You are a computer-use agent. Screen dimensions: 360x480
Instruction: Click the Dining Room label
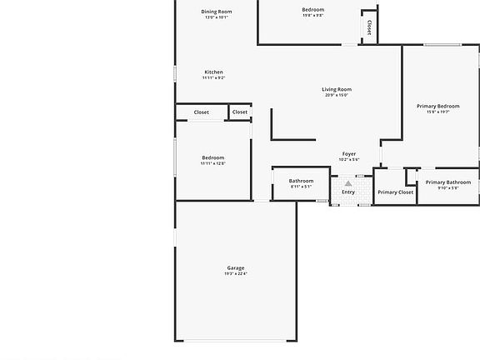point(216,12)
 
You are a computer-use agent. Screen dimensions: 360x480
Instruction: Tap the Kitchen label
point(213,72)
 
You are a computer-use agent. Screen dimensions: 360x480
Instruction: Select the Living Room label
point(337,89)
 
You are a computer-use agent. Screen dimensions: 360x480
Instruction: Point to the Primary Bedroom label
point(437,106)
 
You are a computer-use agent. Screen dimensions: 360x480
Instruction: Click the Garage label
point(235,267)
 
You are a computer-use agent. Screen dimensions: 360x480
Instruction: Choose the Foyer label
point(348,153)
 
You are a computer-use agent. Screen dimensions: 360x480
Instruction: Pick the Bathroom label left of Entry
point(301,181)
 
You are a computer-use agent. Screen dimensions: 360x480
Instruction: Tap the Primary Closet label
point(395,192)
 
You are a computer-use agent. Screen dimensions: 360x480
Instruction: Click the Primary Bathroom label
point(447,182)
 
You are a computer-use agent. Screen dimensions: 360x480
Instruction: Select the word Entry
point(347,192)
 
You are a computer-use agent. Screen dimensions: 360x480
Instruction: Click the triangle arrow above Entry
point(347,182)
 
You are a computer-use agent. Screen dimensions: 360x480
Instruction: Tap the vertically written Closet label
point(368,27)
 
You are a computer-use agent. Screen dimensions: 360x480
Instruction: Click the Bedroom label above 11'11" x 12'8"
point(212,157)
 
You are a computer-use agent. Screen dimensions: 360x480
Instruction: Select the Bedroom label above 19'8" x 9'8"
point(312,9)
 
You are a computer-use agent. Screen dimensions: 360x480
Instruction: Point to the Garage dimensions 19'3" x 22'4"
point(235,273)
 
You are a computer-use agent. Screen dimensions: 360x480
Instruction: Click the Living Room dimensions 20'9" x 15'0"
point(337,95)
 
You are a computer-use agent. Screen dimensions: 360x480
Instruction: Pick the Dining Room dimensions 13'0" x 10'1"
point(216,17)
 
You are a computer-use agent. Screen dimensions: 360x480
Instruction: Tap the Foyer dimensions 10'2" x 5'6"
point(348,159)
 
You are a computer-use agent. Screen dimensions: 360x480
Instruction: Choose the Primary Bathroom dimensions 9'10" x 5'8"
point(447,187)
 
